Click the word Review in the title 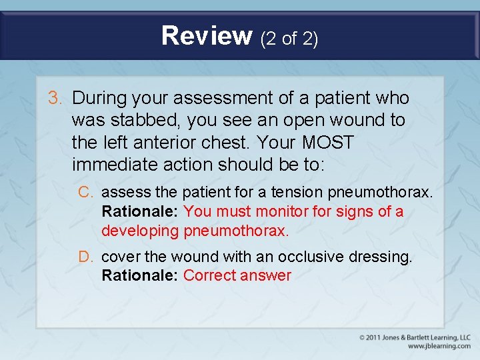point(206,36)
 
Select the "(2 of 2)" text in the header point(289,39)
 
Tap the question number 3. point(55,98)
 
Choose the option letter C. point(85,193)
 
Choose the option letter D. point(85,257)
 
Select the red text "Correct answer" point(237,275)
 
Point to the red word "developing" point(139,231)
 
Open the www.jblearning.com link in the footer point(439,346)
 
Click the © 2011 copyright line point(415,337)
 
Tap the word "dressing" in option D point(385,257)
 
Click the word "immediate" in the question point(125,165)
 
